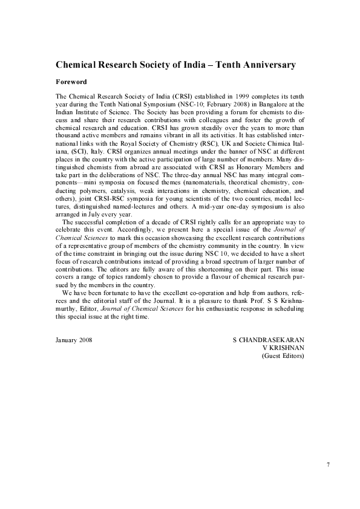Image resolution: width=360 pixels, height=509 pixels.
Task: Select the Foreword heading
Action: (x=71, y=81)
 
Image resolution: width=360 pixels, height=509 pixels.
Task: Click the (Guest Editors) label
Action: (x=283, y=356)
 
